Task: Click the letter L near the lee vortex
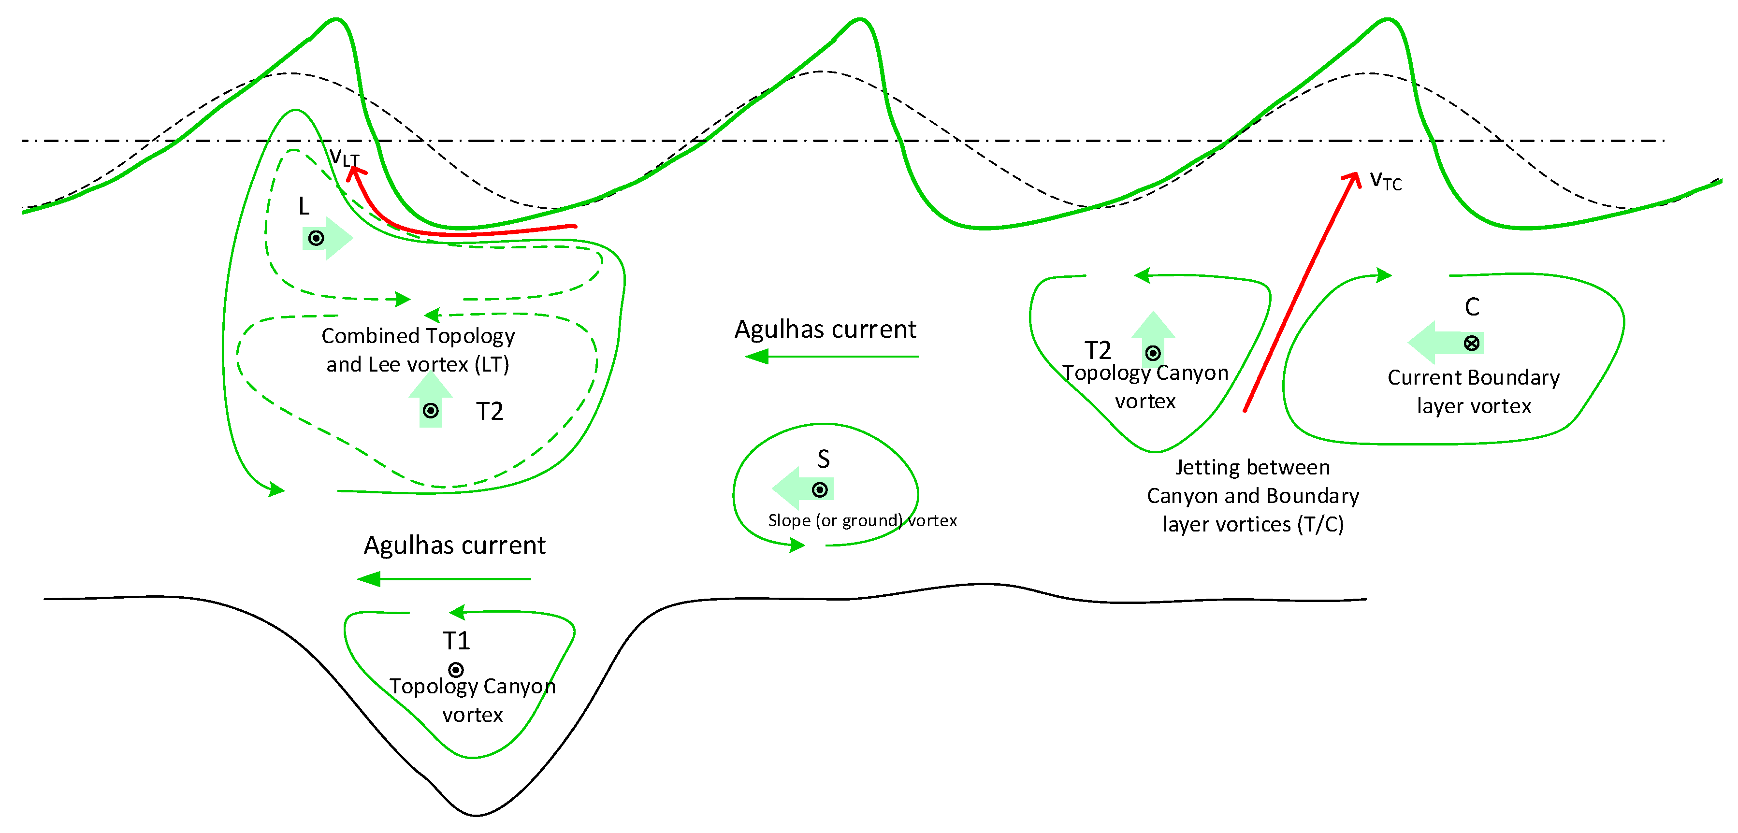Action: click(x=304, y=206)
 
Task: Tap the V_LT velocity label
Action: click(x=344, y=157)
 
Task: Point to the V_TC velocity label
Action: click(x=1385, y=181)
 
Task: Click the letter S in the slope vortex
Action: click(x=823, y=460)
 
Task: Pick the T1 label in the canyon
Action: click(x=456, y=641)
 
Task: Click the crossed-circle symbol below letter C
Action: click(x=1472, y=344)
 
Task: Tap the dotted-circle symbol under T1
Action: click(x=456, y=670)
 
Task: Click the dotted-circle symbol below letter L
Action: click(x=316, y=238)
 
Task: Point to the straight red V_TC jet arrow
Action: click(x=1301, y=293)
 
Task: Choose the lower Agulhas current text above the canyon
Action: click(x=455, y=546)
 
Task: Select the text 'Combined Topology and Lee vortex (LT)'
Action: click(x=418, y=350)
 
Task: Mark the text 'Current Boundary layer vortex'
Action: click(x=1474, y=392)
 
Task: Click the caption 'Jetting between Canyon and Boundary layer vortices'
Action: click(x=1253, y=496)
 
